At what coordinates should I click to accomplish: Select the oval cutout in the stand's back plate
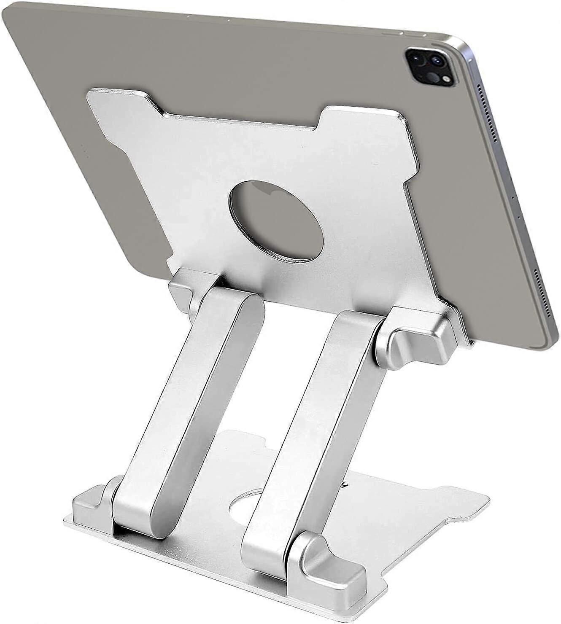[x=277, y=221]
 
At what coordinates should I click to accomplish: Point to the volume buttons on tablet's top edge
[x=405, y=32]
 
